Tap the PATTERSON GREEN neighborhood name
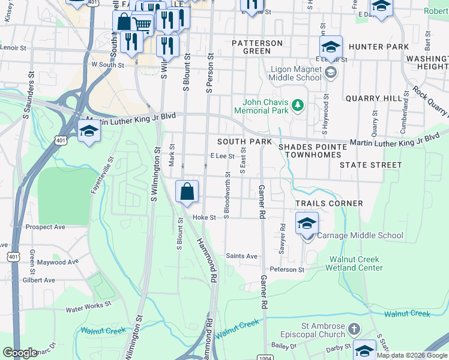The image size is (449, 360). (x=257, y=47)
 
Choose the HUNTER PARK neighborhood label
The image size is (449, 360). (x=379, y=47)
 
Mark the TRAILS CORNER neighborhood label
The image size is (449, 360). (x=329, y=203)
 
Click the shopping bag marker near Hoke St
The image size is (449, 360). (x=187, y=191)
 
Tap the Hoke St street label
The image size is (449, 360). (x=204, y=218)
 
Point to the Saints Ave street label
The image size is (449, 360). (x=241, y=256)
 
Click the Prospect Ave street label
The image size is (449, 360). (x=46, y=227)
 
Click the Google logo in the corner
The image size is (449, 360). (x=20, y=353)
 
